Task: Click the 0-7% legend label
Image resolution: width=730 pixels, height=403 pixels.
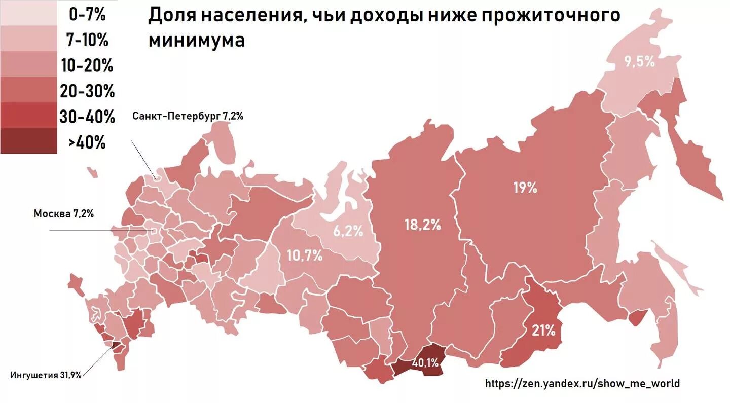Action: click(87, 14)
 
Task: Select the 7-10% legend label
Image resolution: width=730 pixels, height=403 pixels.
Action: click(87, 40)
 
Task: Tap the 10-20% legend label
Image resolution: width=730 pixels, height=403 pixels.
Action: click(87, 66)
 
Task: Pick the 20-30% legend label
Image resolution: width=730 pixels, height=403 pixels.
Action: click(87, 92)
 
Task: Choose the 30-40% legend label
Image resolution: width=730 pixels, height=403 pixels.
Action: click(87, 117)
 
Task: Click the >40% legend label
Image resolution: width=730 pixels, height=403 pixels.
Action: click(87, 143)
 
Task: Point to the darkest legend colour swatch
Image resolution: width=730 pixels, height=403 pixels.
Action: click(28, 141)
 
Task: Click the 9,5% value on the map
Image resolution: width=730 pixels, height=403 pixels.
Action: click(639, 62)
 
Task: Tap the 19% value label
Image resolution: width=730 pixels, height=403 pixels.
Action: click(525, 188)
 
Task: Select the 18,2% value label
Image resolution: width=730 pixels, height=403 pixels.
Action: click(422, 225)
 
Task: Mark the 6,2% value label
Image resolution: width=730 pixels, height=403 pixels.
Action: click(348, 232)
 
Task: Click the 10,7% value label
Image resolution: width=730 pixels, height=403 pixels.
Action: click(305, 255)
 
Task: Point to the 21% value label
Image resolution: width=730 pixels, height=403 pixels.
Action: click(543, 331)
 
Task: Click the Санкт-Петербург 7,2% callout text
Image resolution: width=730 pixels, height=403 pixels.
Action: click(188, 116)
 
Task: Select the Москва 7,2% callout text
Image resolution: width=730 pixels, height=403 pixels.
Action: click(64, 213)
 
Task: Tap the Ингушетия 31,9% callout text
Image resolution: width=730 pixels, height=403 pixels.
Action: click(46, 375)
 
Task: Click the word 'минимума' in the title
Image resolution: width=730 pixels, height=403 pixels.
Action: click(197, 41)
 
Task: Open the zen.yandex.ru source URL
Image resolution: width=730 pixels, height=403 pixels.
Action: click(582, 383)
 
